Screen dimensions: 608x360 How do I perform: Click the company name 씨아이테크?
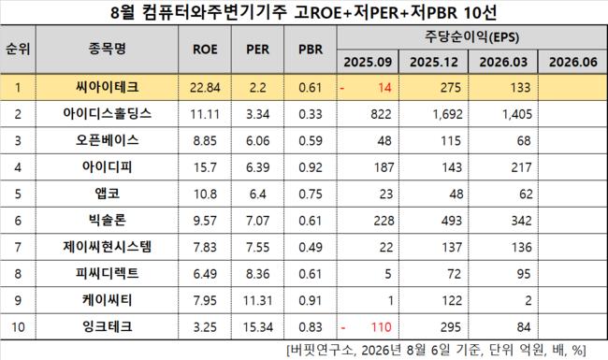(x=107, y=87)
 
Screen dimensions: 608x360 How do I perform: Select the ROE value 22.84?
(x=205, y=88)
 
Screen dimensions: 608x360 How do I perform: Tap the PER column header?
(x=257, y=50)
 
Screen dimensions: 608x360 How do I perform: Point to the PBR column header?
(x=311, y=50)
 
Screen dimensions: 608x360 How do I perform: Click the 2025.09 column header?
(x=368, y=62)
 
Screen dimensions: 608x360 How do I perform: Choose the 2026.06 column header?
(x=572, y=62)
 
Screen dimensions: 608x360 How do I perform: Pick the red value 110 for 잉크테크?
(x=381, y=327)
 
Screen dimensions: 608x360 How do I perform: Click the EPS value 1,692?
(x=447, y=114)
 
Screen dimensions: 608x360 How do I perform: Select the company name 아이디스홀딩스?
(x=107, y=114)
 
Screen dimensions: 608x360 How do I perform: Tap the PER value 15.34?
(x=258, y=327)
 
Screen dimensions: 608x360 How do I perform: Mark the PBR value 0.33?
(x=311, y=114)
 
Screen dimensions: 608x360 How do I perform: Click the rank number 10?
(x=18, y=327)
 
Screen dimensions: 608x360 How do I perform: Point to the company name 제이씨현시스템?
(x=107, y=247)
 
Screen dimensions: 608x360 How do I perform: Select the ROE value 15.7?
(x=205, y=167)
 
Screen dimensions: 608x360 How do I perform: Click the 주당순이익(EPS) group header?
(x=471, y=37)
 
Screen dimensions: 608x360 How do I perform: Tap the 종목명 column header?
(x=107, y=49)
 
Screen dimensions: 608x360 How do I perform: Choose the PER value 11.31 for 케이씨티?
(x=258, y=300)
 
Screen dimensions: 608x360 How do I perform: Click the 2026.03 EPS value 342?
(x=521, y=221)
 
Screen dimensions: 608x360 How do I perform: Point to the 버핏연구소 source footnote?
(x=436, y=350)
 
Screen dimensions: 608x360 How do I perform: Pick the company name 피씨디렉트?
(x=107, y=274)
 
